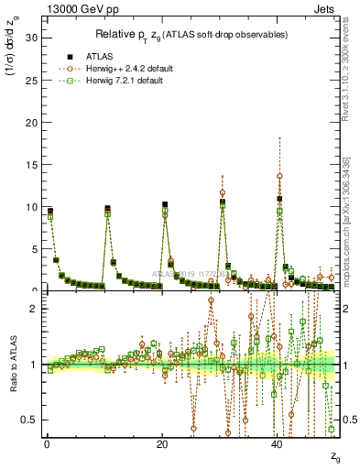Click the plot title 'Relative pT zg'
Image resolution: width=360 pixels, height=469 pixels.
click(191, 34)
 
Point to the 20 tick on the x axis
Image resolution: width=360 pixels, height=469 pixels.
click(161, 444)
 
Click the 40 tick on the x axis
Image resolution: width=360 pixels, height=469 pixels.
click(277, 444)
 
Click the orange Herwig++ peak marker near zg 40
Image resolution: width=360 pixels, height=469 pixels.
click(279, 176)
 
